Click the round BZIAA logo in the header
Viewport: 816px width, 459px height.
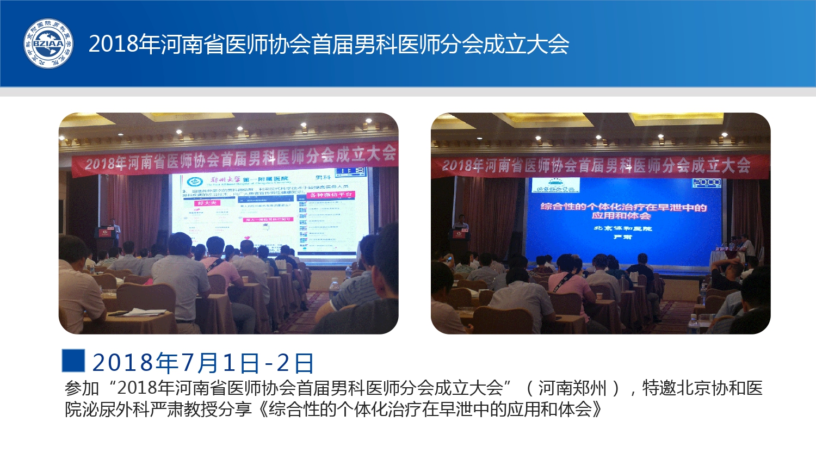[48, 44]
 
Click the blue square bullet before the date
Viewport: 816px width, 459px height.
[73, 361]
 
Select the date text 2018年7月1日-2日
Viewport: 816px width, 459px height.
[203, 362]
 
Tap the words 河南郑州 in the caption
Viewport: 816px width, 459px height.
[572, 388]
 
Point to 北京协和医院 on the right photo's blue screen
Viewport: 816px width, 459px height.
[622, 228]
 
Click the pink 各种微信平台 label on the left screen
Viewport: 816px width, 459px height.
[331, 195]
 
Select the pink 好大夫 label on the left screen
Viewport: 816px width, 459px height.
[207, 202]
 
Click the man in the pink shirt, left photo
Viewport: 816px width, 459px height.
[219, 266]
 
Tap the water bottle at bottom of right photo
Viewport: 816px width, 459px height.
[693, 324]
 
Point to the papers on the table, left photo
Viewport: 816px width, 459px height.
[143, 312]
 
